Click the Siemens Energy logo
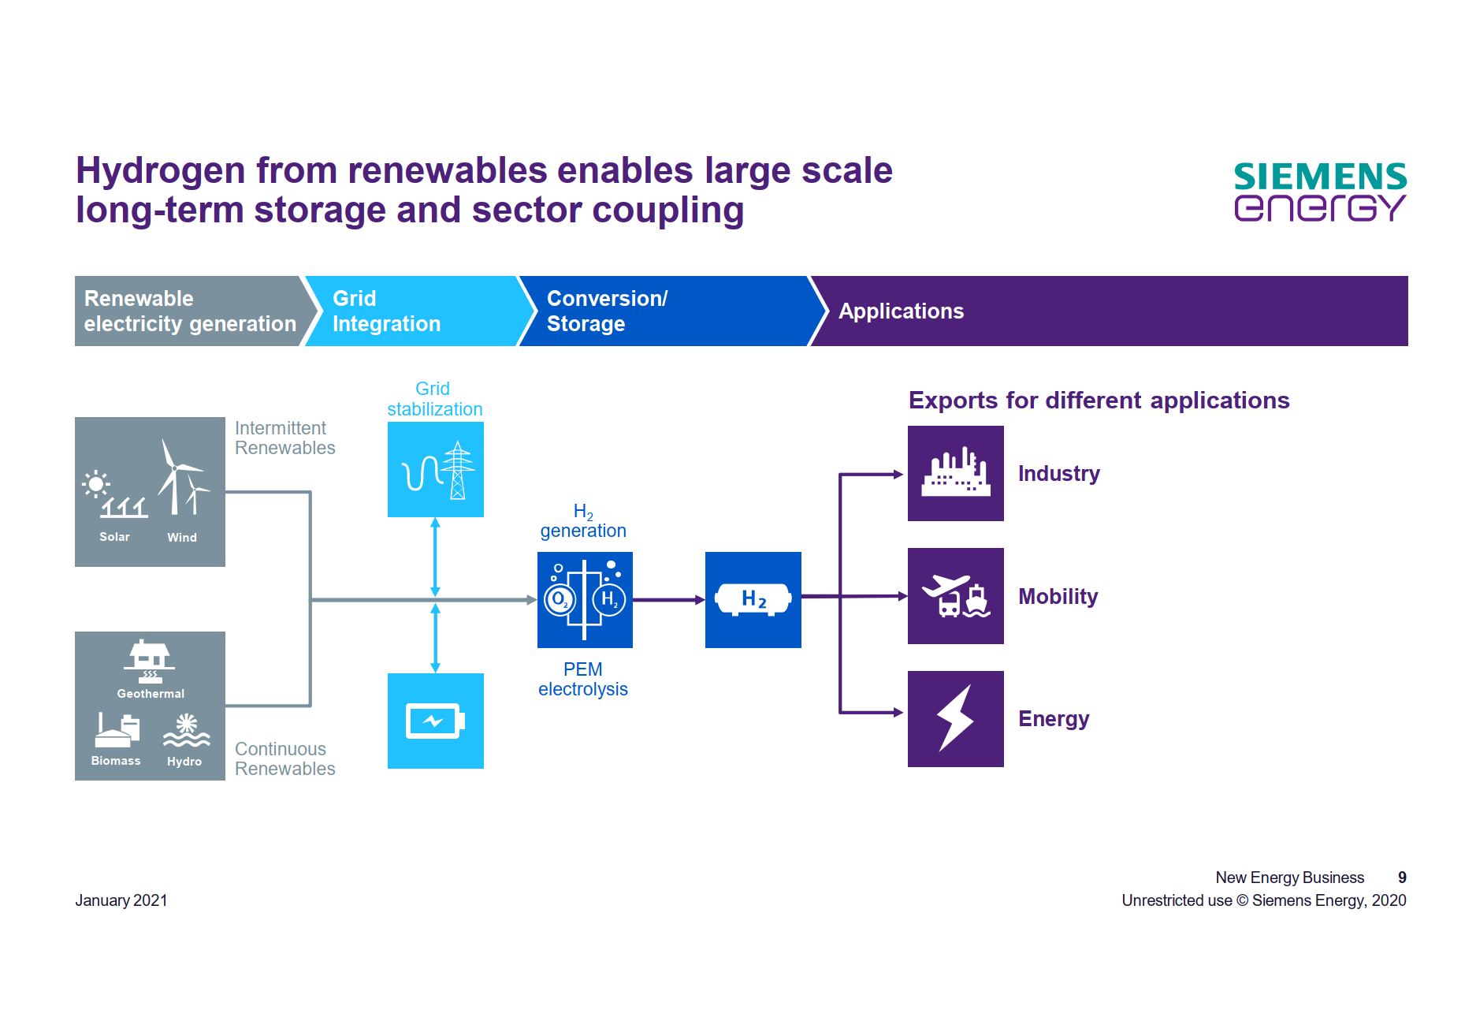1320,192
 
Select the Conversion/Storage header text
607,311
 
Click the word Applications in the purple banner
901,311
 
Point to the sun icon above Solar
96,483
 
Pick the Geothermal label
151,694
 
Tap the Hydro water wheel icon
186,730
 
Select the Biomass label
116,761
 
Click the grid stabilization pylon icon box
436,470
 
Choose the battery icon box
436,721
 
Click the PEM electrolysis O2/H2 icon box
585,600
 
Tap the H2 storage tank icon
753,600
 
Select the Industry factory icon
956,474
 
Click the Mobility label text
1058,597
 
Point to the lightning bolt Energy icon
956,718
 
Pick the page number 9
1402,878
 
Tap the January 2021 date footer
121,900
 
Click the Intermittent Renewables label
284,438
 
